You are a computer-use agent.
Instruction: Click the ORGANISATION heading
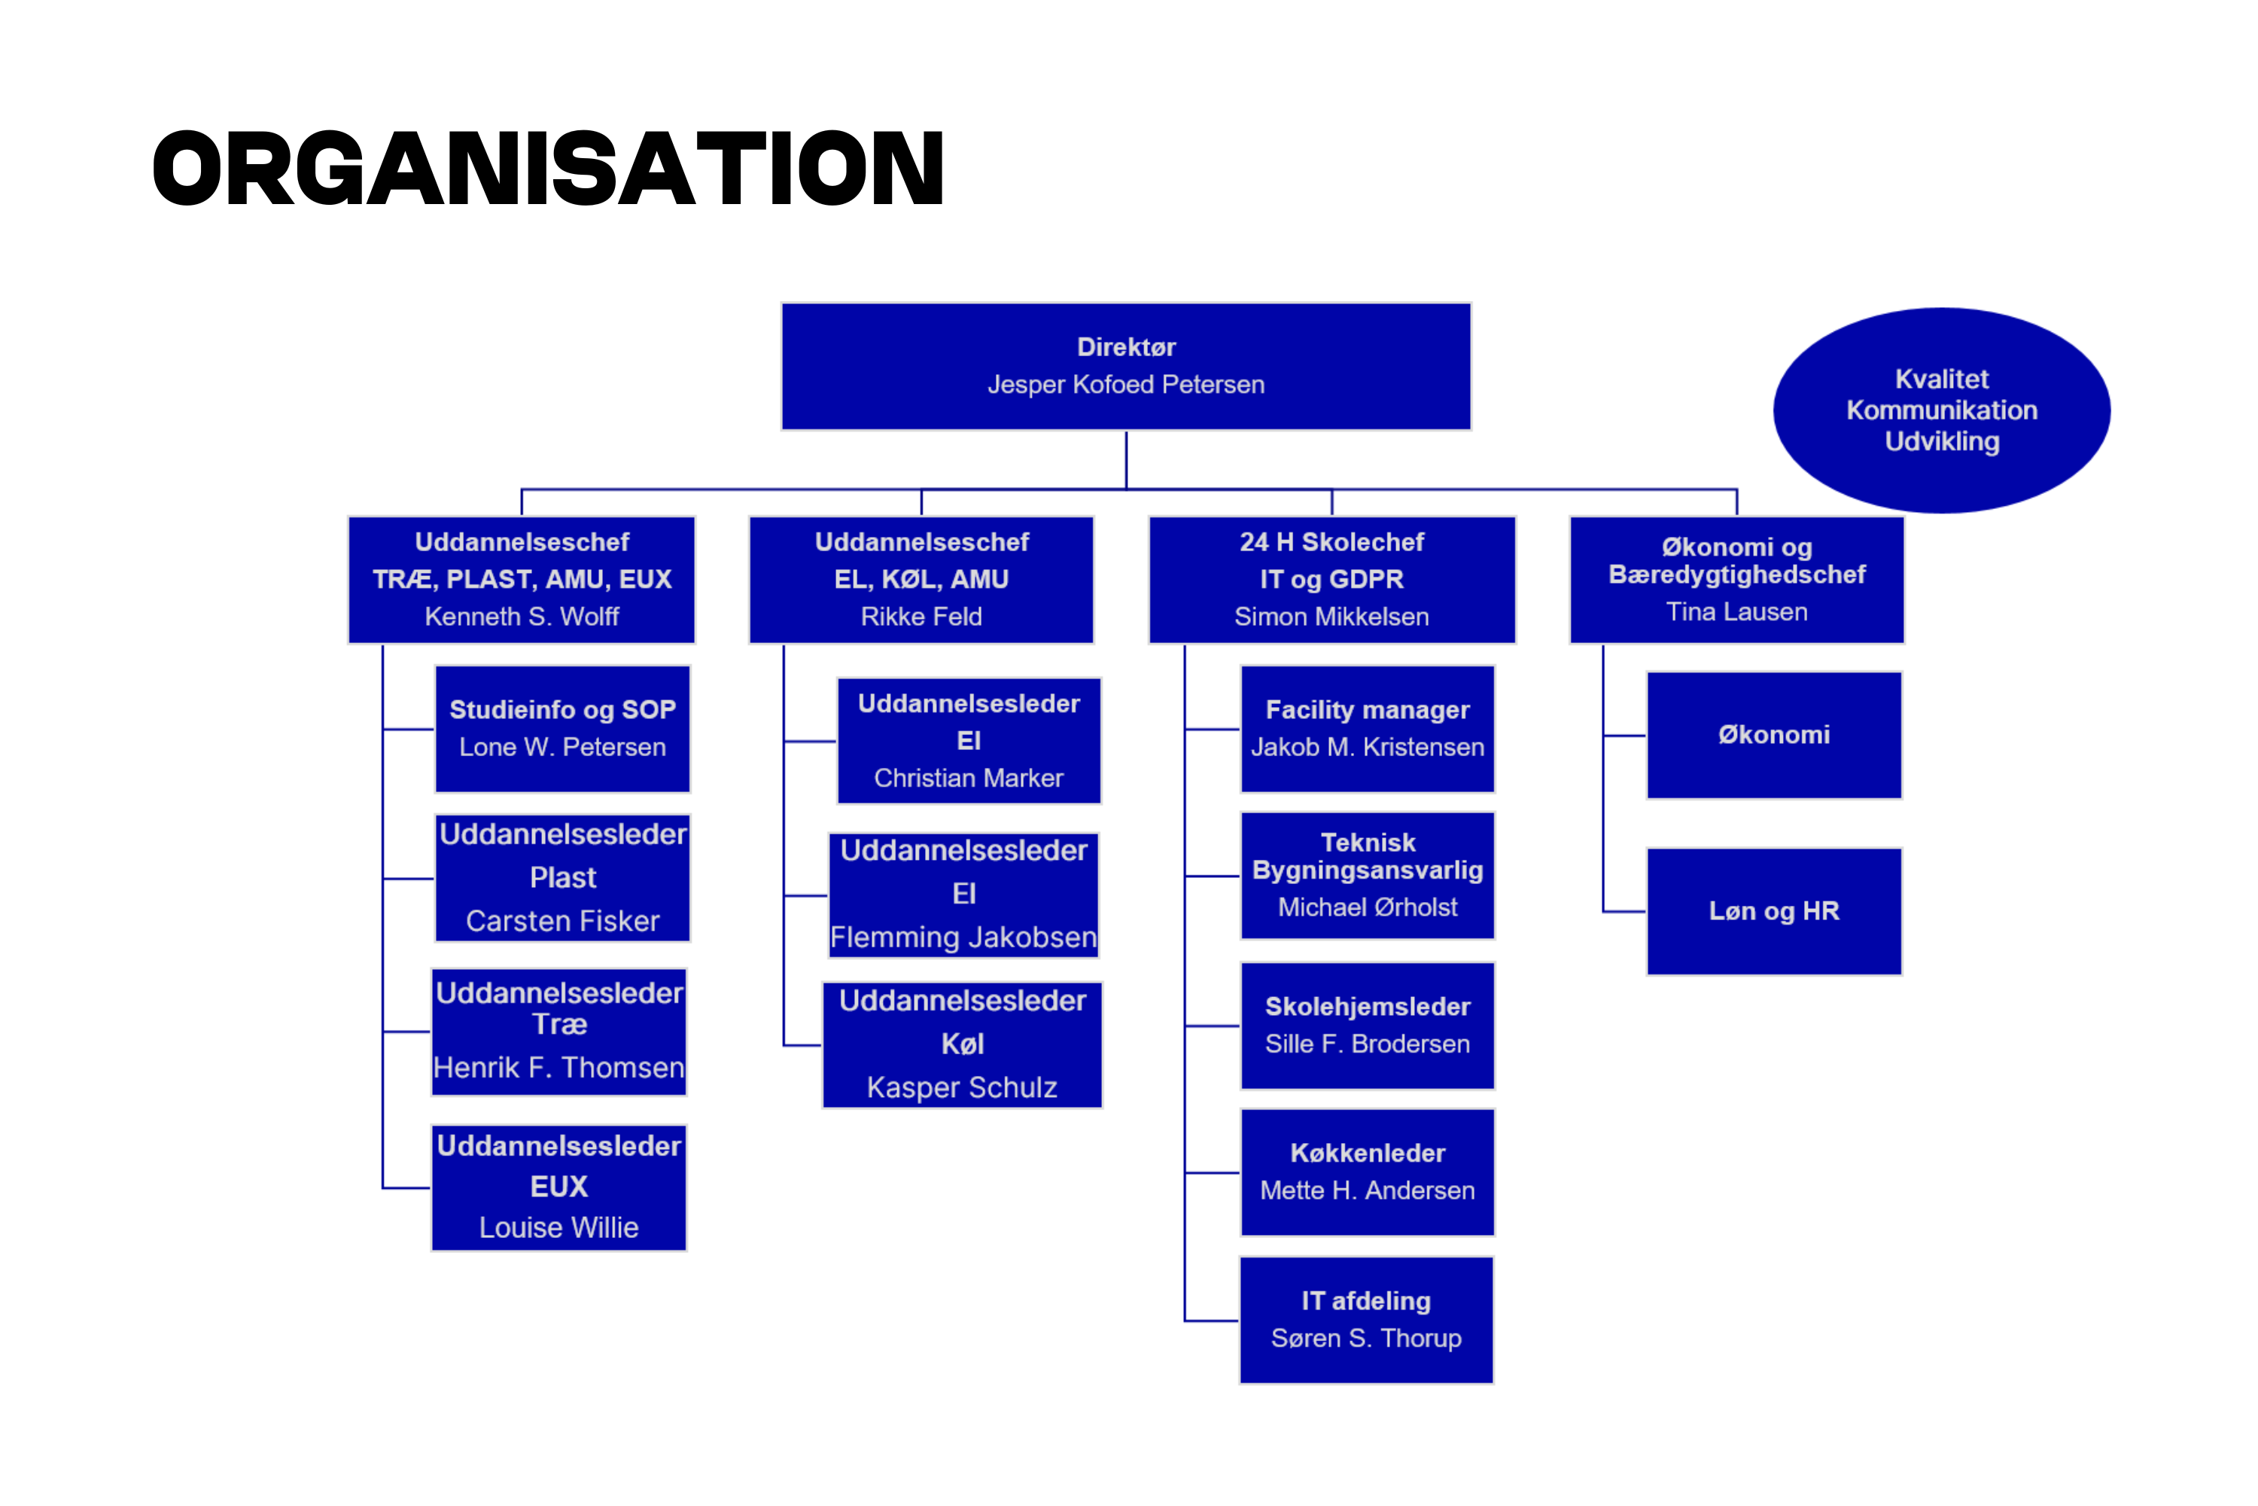(x=548, y=169)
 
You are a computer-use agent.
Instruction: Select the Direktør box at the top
(x=1126, y=367)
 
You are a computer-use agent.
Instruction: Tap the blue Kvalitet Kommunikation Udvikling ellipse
(x=1941, y=410)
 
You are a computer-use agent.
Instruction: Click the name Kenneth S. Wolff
(x=522, y=617)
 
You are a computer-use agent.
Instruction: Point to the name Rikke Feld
(x=921, y=617)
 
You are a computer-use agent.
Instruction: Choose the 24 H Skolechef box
(x=1331, y=580)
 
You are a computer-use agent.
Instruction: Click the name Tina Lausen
(x=1736, y=611)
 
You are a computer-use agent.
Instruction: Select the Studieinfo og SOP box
(x=562, y=729)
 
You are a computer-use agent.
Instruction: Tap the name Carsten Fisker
(x=562, y=921)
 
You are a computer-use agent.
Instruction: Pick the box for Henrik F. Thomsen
(x=558, y=1032)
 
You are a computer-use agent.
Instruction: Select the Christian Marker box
(x=969, y=740)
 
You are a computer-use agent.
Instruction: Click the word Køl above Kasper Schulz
(x=962, y=1044)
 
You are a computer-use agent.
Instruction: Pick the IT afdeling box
(x=1366, y=1320)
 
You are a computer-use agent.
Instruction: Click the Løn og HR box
(x=1774, y=911)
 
